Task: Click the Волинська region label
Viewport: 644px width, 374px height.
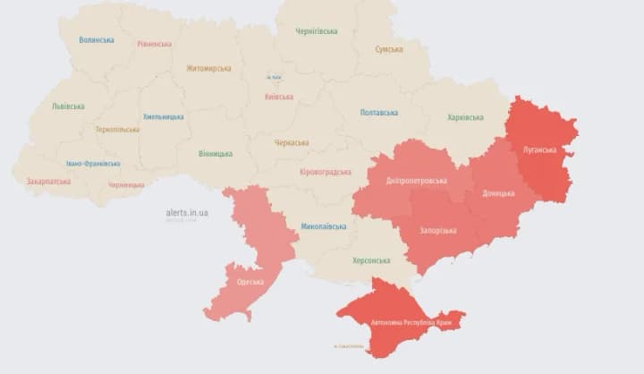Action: [96, 40]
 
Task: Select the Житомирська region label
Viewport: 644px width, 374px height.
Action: [208, 68]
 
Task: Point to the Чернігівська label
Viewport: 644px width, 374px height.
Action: [317, 31]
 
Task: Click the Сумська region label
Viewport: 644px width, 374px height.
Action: [389, 49]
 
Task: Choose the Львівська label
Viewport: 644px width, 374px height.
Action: [69, 106]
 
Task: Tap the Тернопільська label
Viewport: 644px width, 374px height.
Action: [117, 129]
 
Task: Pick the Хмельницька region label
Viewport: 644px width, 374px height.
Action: [163, 116]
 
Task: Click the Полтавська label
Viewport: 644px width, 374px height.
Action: [379, 113]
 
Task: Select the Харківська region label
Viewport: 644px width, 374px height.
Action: [465, 117]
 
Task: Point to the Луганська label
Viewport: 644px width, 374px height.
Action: [539, 149]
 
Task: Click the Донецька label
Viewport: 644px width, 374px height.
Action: [498, 193]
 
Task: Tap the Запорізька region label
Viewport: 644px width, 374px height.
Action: [438, 230]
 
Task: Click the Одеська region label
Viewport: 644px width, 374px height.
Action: [250, 282]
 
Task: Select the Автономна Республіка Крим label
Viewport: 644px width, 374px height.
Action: [401, 320]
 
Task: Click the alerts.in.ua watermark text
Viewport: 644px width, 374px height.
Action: [187, 213]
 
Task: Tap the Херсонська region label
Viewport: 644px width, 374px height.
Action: [371, 260]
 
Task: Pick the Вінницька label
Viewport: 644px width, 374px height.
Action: [216, 153]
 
